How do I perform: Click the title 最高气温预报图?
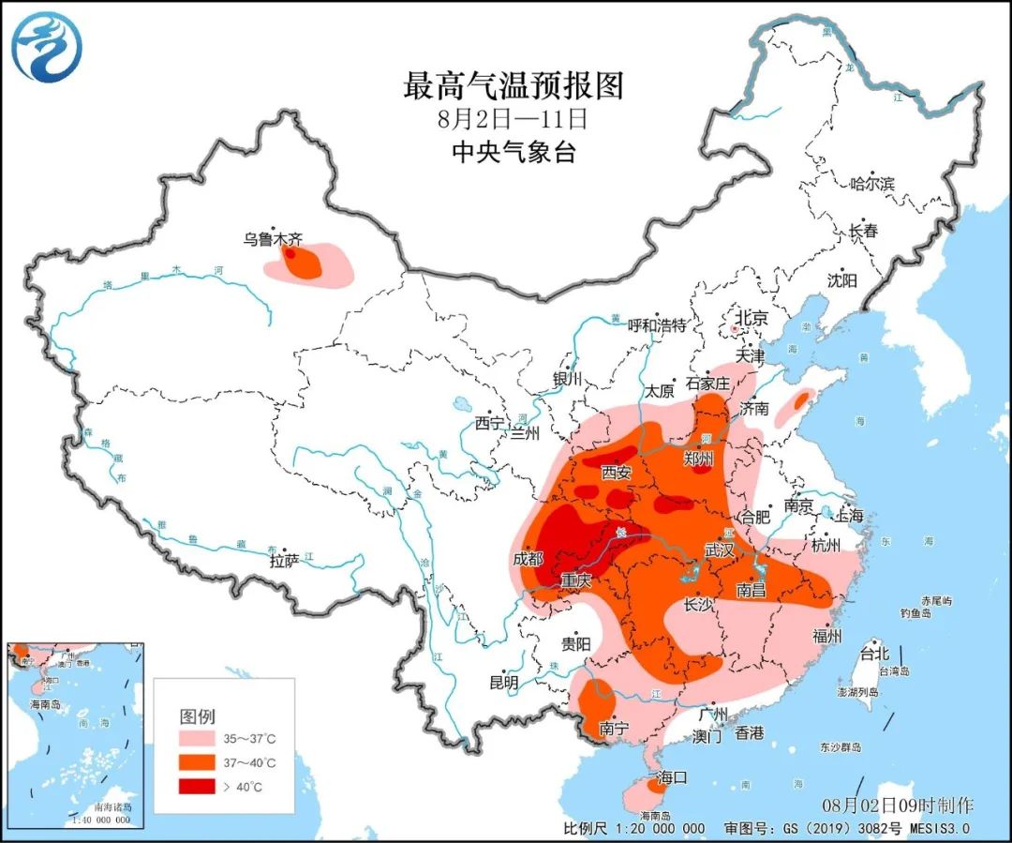pyautogui.click(x=513, y=86)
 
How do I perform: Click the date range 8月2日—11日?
pyautogui.click(x=513, y=119)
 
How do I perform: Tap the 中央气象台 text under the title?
pyautogui.click(x=513, y=151)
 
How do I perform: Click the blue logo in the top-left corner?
pyautogui.click(x=45, y=46)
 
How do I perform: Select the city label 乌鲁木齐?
pyautogui.click(x=270, y=240)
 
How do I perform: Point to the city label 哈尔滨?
pyautogui.click(x=871, y=184)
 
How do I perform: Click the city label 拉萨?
pyautogui.click(x=284, y=561)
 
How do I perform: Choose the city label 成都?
pyautogui.click(x=528, y=559)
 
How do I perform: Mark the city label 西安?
pyautogui.click(x=617, y=473)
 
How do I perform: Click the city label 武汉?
pyautogui.click(x=720, y=550)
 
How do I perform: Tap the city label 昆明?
pyautogui.click(x=504, y=683)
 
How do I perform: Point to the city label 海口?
pyautogui.click(x=672, y=776)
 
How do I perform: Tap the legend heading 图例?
pyautogui.click(x=197, y=716)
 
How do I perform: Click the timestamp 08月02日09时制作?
pyautogui.click(x=898, y=805)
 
